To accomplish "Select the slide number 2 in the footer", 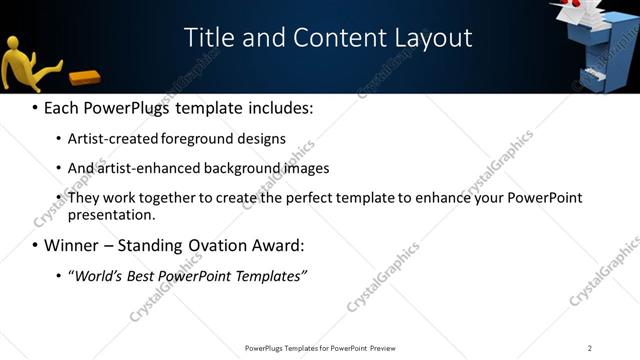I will pyautogui.click(x=590, y=348).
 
